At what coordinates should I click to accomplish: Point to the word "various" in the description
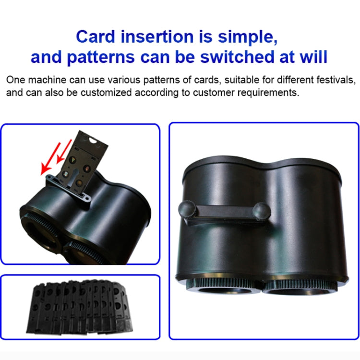[111, 79]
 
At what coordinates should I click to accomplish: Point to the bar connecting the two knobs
[223, 212]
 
